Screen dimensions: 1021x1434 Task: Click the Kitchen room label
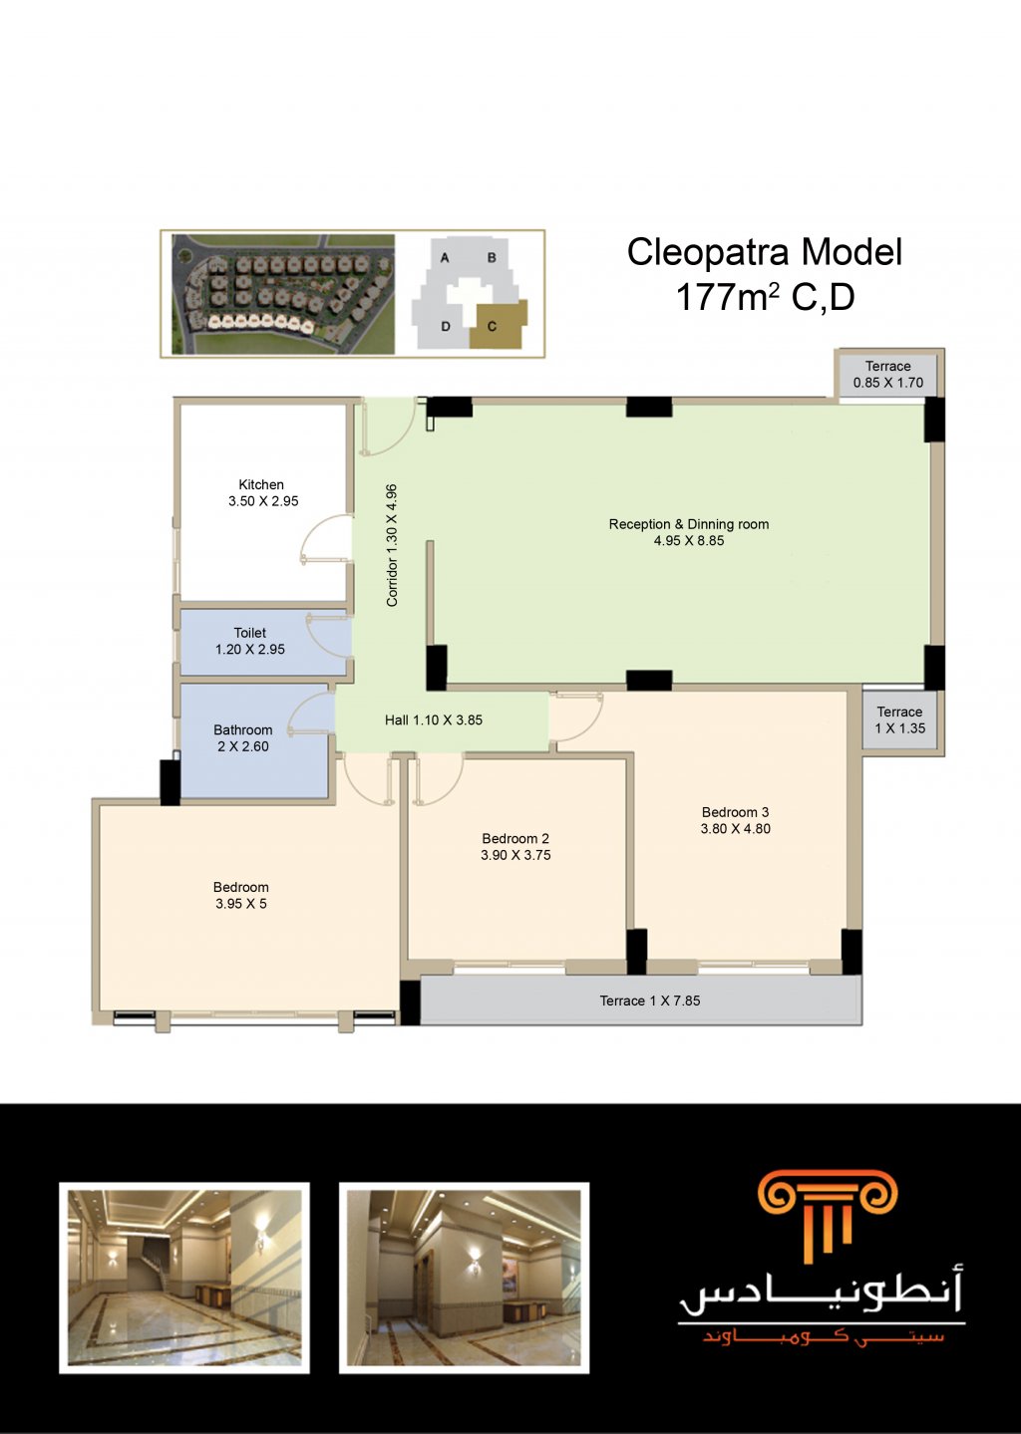(261, 484)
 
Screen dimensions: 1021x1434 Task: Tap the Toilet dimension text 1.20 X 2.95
(250, 649)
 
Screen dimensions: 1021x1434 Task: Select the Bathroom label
(242, 729)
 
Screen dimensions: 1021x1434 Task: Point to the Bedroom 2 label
(515, 839)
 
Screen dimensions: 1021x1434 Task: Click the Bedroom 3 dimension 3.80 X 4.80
(735, 828)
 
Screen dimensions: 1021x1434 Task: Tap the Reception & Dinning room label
(689, 524)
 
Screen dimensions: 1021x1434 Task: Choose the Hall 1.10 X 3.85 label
(434, 720)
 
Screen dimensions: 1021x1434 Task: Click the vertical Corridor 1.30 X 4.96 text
(392, 545)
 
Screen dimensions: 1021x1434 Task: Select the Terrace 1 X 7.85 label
(650, 1001)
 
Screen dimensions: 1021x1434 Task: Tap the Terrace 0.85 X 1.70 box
(887, 375)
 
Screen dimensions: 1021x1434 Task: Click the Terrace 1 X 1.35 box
(900, 719)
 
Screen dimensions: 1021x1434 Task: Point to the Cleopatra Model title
(765, 252)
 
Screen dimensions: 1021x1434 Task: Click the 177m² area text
(727, 298)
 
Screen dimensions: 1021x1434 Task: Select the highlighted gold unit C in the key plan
(499, 325)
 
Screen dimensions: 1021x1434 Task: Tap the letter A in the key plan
(445, 258)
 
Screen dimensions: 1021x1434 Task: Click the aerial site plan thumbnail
(283, 294)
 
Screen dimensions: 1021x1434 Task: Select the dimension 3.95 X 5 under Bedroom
(241, 904)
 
